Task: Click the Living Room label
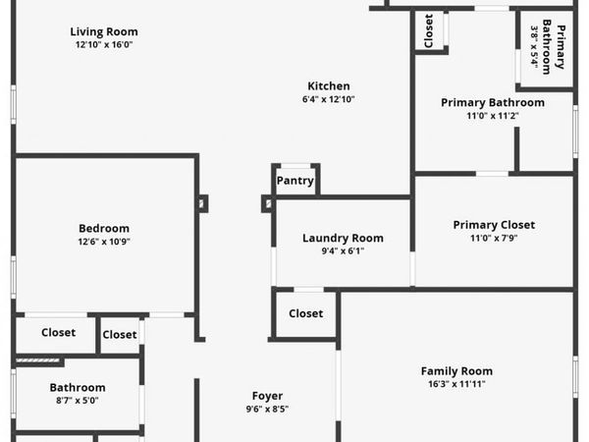pos(104,31)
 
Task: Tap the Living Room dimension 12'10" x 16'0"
pos(104,45)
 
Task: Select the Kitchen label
pos(329,86)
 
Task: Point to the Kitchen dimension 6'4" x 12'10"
pos(329,99)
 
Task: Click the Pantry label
pos(295,181)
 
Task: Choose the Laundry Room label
pos(343,238)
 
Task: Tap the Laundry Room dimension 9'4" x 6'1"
pos(343,251)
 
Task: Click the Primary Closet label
pos(494,225)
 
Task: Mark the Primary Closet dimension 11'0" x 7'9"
pos(494,238)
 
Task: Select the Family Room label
pos(456,371)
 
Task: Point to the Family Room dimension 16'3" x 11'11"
pos(456,384)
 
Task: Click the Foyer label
pos(267,396)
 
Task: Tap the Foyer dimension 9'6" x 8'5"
pos(267,409)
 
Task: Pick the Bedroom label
pos(104,228)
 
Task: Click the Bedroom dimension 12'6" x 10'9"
pos(104,242)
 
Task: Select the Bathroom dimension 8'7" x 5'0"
pos(78,401)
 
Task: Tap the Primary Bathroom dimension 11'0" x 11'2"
pos(493,116)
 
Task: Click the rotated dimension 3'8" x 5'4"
pos(535,47)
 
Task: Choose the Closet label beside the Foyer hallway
pos(305,313)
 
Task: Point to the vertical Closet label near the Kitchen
pos(429,30)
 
